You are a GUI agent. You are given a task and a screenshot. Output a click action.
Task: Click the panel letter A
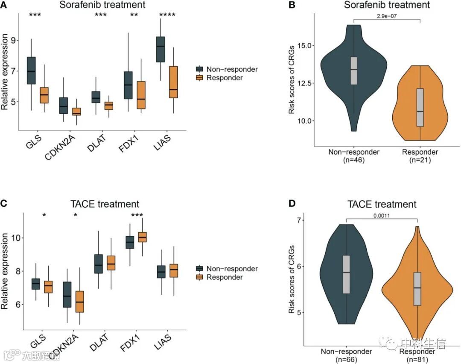click(4, 5)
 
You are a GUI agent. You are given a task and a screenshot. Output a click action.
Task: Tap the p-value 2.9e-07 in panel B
click(387, 16)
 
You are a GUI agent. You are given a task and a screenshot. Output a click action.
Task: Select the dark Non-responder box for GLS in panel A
click(31, 70)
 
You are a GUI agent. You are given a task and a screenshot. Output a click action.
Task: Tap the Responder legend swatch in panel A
click(199, 78)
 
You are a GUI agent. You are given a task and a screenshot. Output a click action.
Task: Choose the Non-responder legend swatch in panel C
click(199, 269)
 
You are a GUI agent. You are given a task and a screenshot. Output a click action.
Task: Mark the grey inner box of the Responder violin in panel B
click(420, 107)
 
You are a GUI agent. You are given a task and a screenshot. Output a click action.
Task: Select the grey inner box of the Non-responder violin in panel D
click(346, 274)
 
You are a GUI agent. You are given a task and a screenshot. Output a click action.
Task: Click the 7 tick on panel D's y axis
click(299, 220)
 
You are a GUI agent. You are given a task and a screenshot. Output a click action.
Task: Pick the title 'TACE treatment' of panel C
click(105, 204)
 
